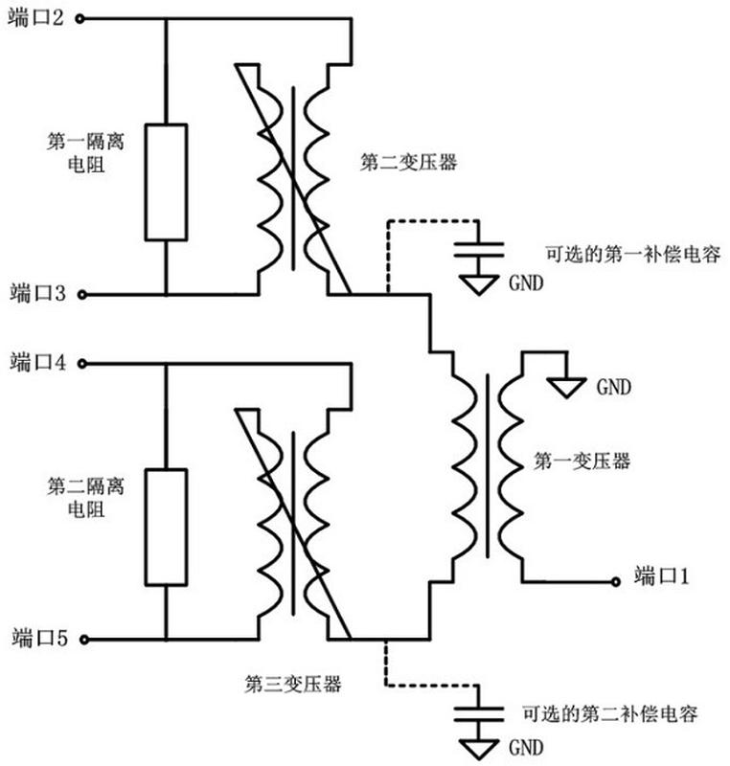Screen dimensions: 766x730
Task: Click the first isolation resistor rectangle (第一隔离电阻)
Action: (x=165, y=181)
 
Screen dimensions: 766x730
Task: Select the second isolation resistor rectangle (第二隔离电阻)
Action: (x=165, y=526)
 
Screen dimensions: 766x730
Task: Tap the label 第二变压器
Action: (x=408, y=162)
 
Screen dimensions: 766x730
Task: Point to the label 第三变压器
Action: (x=294, y=684)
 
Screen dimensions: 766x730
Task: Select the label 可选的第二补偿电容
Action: (x=608, y=713)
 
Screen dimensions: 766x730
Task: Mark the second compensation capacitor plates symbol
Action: (x=477, y=713)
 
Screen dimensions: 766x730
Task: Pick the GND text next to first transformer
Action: (x=614, y=388)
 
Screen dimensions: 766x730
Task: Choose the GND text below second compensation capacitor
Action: (x=526, y=747)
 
